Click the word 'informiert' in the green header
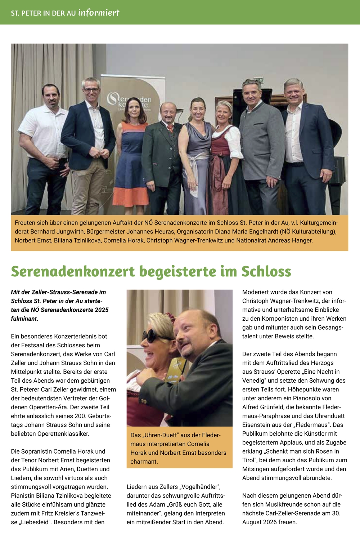click(99, 13)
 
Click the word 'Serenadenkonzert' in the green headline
click(73, 272)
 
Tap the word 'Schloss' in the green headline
click(266, 272)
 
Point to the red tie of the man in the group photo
click(170, 128)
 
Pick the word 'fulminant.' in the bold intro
click(24, 319)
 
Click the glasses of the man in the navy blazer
click(91, 90)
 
